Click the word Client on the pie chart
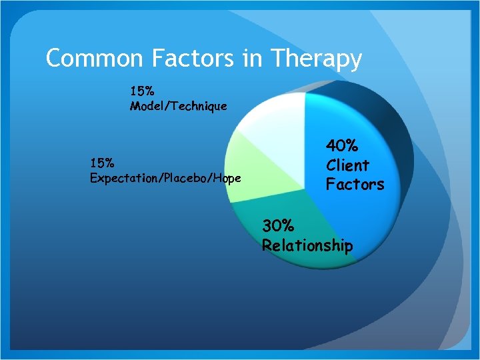(347, 165)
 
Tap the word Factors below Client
(355, 184)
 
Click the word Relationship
(307, 245)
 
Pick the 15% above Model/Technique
(142, 91)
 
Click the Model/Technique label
(178, 106)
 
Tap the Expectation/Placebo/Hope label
(165, 178)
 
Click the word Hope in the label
(227, 178)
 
